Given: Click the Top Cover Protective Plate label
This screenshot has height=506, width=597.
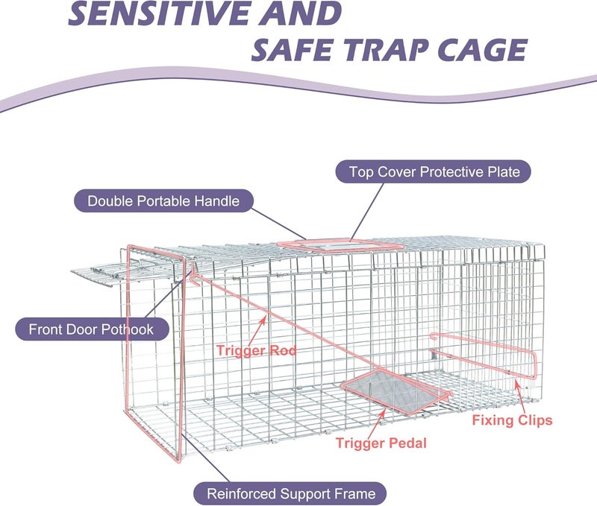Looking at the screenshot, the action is click(x=434, y=172).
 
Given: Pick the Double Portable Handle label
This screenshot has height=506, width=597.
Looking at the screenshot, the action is click(x=163, y=200).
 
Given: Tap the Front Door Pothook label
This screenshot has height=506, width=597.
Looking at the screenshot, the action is click(x=92, y=329).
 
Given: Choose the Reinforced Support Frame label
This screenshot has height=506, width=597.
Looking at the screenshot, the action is click(x=290, y=493).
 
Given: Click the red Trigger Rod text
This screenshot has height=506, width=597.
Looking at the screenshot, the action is click(x=256, y=350).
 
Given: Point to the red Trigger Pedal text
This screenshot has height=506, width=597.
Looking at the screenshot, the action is click(x=381, y=443).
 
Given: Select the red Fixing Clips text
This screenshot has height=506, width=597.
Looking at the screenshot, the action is click(x=512, y=420).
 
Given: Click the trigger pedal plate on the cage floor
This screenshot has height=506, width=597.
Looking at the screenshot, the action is click(x=396, y=391).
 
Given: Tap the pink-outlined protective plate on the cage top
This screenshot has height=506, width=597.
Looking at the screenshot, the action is click(x=340, y=246).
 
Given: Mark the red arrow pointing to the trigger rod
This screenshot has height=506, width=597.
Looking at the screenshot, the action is click(x=258, y=330).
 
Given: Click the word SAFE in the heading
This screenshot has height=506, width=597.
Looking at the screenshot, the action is click(x=293, y=50).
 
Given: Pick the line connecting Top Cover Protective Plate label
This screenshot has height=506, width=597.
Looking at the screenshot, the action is click(x=367, y=211).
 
